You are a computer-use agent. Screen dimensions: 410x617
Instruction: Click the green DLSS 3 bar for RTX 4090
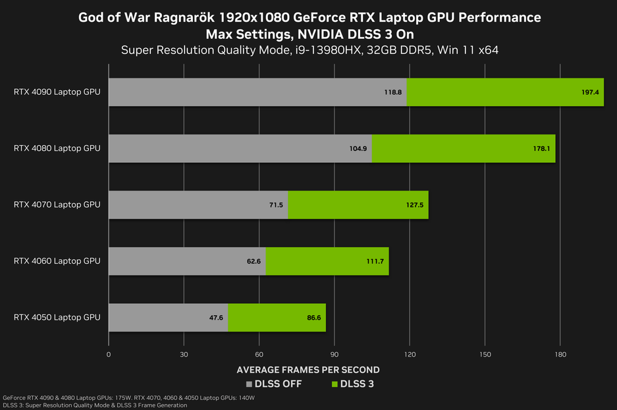click(x=505, y=92)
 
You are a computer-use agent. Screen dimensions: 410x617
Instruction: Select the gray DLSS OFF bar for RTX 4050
click(x=168, y=318)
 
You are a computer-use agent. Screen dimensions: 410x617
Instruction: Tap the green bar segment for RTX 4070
click(x=358, y=205)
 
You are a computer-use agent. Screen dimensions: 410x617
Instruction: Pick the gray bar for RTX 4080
click(x=240, y=148)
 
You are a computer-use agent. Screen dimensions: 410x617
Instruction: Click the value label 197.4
click(x=590, y=92)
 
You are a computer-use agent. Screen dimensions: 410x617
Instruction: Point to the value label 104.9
click(x=358, y=149)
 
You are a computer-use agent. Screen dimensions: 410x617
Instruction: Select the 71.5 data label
click(x=276, y=205)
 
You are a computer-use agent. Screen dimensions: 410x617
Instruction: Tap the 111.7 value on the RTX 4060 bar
click(x=375, y=262)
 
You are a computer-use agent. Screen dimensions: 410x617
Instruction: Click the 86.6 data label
click(x=312, y=318)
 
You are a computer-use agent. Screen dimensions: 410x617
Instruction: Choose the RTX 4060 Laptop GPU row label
click(x=57, y=261)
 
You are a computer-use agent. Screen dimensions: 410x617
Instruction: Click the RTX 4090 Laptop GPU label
click(x=57, y=92)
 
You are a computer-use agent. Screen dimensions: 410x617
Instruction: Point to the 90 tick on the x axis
click(x=335, y=355)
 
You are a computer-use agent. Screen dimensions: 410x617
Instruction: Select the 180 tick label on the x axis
click(x=560, y=355)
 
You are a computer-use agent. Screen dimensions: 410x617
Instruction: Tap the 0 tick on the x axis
click(x=109, y=355)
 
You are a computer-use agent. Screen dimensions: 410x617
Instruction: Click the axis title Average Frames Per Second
click(x=308, y=370)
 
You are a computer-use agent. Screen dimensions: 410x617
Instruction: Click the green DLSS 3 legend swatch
click(x=335, y=384)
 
